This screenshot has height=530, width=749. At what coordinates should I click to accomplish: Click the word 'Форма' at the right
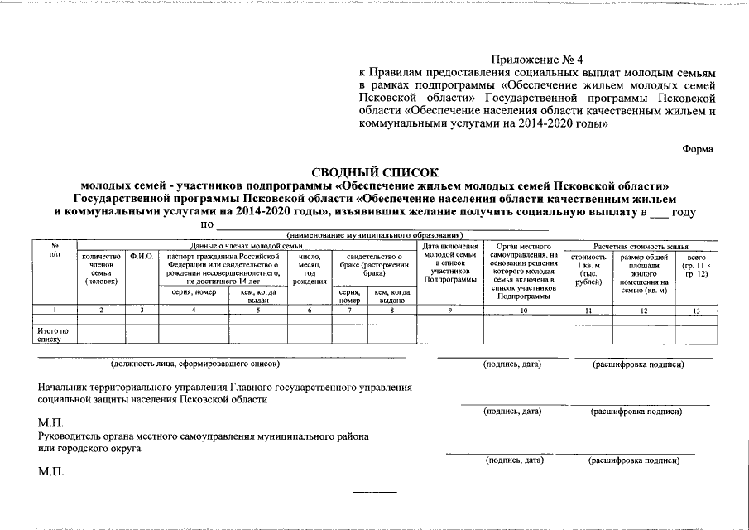coord(698,148)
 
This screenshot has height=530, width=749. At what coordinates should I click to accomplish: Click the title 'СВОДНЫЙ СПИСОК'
coord(374,171)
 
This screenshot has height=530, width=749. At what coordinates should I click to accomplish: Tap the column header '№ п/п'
coord(54,251)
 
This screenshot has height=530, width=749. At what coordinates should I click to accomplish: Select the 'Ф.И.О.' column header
coord(142,257)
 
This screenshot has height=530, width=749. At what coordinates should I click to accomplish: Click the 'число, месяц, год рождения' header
coord(310,270)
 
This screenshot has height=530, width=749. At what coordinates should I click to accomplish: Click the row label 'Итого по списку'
coord(52,335)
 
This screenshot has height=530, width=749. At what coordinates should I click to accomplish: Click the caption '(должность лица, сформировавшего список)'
coord(195,364)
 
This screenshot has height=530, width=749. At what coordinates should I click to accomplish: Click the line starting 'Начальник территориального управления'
coord(224,386)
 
